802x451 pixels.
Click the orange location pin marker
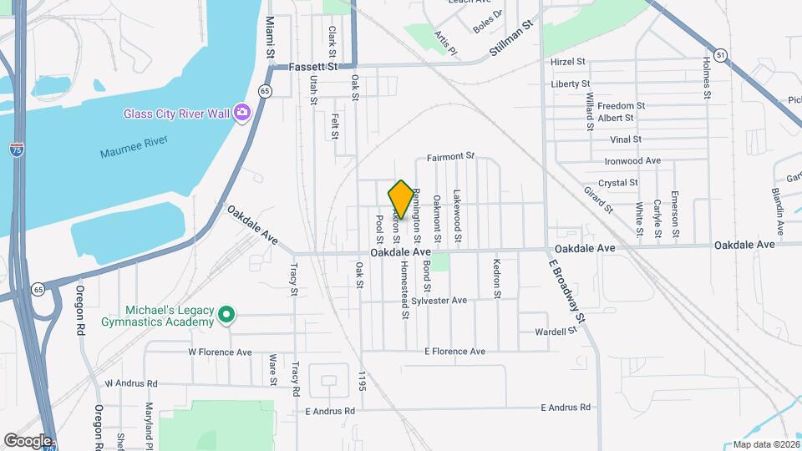(x=401, y=199)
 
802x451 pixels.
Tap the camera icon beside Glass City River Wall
(x=242, y=112)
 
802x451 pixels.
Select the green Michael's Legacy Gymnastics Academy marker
(x=226, y=315)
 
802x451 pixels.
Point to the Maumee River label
(x=135, y=153)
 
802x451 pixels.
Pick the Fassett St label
(x=313, y=65)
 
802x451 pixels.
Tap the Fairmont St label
(x=450, y=156)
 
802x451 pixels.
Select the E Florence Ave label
(x=454, y=352)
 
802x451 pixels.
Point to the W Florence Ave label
(x=220, y=352)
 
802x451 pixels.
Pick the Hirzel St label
(x=570, y=62)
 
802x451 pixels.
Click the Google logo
(x=28, y=440)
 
